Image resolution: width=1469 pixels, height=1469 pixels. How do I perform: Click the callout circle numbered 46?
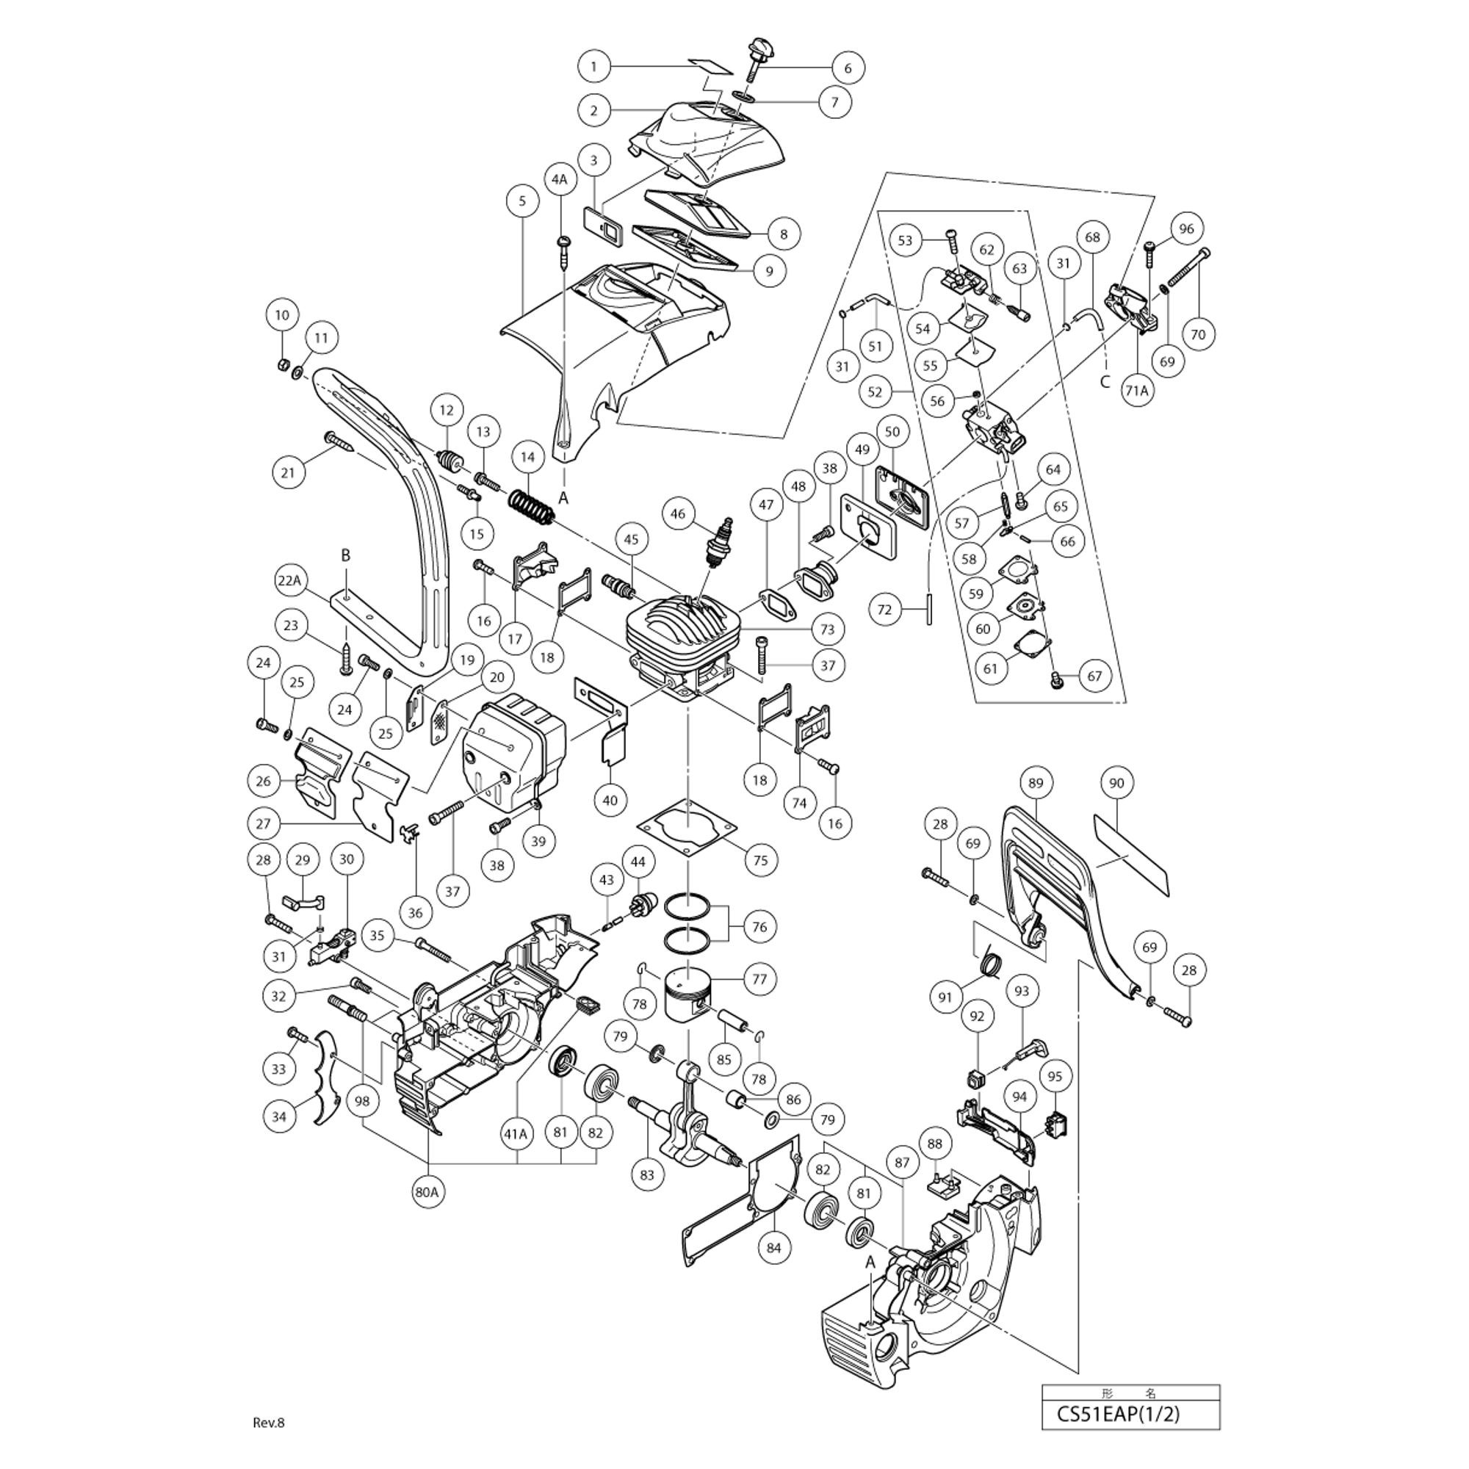677,513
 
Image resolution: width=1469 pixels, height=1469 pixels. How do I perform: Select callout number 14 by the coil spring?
527,457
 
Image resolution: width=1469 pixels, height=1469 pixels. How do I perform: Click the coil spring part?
531,506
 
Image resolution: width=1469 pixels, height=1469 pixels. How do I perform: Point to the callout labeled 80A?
427,1191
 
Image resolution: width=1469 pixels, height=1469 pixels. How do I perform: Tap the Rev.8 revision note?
268,1423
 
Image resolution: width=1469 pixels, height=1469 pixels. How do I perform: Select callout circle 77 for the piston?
759,978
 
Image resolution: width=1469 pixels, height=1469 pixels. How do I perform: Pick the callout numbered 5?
521,201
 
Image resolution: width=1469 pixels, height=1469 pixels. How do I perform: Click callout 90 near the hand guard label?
1116,782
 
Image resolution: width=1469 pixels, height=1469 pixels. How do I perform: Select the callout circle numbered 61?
990,668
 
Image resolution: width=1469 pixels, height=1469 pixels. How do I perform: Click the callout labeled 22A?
289,580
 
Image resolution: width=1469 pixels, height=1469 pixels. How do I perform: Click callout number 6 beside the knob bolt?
848,68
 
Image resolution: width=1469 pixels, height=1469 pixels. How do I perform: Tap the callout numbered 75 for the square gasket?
759,860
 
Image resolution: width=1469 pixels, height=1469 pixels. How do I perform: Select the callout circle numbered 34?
279,1117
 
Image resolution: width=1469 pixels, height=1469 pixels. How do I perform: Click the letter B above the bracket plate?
345,556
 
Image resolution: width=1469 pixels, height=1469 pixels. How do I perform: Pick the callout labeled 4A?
559,179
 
